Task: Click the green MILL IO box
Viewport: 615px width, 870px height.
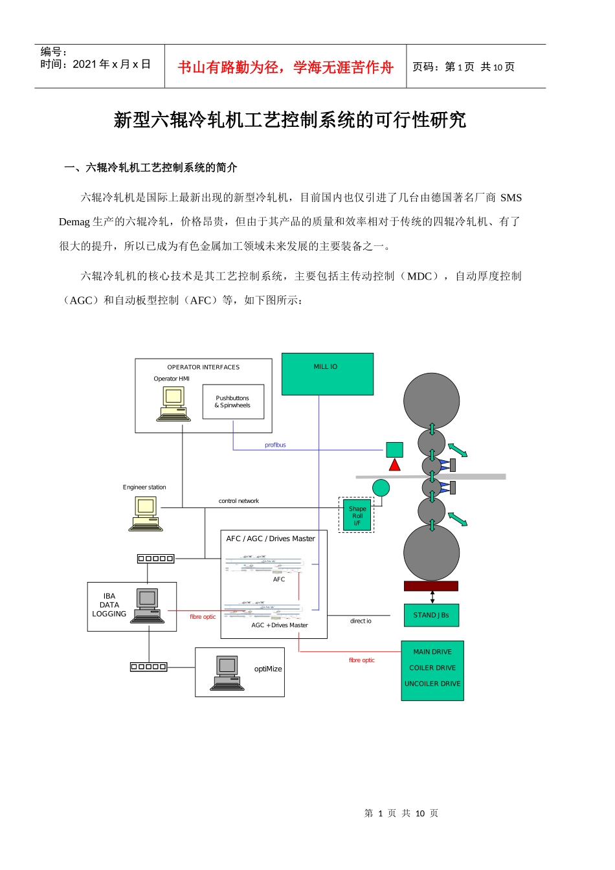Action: (x=327, y=374)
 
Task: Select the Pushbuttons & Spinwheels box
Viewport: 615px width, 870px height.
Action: (x=233, y=402)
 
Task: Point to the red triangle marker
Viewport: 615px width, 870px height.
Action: (x=394, y=464)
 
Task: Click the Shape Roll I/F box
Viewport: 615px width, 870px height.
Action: (x=357, y=515)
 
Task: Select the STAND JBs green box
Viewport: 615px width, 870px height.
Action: (x=431, y=615)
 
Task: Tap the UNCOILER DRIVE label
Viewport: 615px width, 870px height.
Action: (x=432, y=684)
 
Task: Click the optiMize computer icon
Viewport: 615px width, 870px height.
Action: (x=227, y=673)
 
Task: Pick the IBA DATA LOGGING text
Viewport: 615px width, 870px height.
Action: (x=109, y=605)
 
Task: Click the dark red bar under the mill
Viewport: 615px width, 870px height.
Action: (x=430, y=586)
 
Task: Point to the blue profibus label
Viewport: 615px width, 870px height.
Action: (x=275, y=445)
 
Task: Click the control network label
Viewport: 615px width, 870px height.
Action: (x=238, y=501)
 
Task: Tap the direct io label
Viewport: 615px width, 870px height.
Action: (x=361, y=621)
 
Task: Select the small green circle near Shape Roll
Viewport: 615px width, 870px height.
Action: (x=381, y=488)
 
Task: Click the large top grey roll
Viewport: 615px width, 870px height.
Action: (x=431, y=401)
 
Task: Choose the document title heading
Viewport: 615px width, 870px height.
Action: (x=289, y=120)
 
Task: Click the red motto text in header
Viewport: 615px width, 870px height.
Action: (x=285, y=67)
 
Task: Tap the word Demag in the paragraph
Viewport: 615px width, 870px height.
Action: (x=74, y=222)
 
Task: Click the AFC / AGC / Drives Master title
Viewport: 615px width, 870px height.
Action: (x=271, y=539)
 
